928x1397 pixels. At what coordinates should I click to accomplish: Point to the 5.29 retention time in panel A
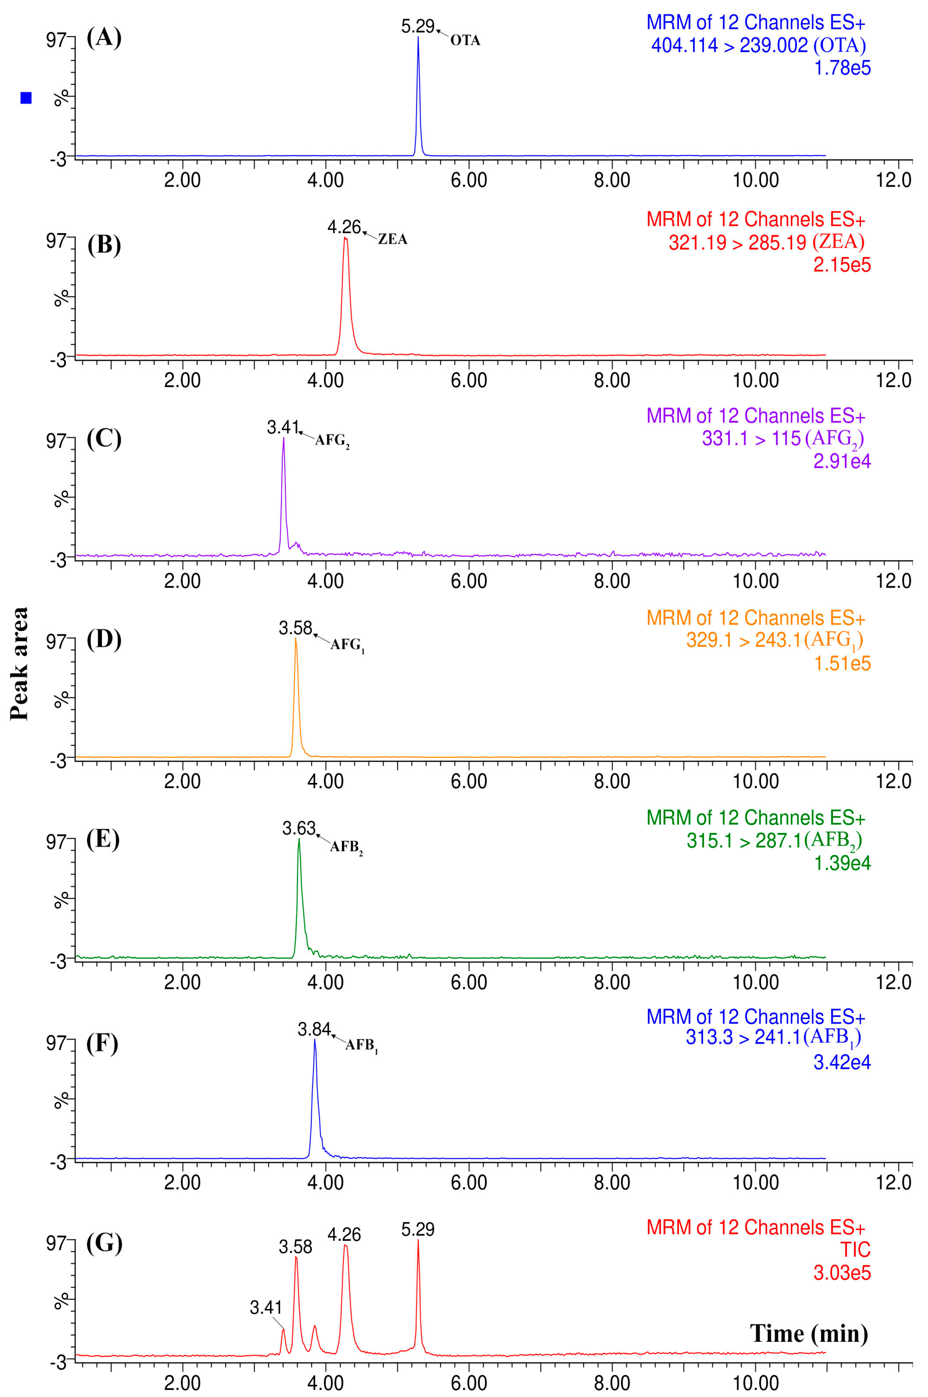(x=417, y=26)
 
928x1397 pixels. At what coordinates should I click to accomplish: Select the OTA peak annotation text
(x=465, y=41)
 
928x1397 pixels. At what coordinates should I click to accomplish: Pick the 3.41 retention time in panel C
(x=283, y=427)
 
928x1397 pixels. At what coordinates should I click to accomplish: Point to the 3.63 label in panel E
(x=299, y=828)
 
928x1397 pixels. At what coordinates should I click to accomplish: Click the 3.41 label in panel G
(x=266, y=1307)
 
